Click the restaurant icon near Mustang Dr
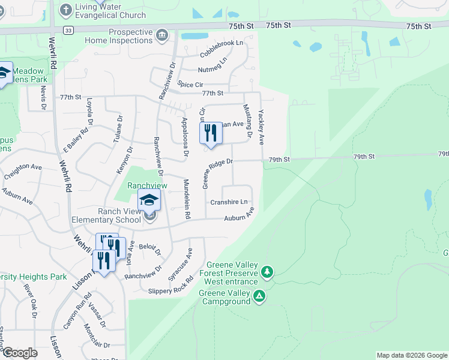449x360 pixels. click(x=210, y=132)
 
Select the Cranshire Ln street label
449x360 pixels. click(x=229, y=202)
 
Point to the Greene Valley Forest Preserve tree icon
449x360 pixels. click(x=267, y=273)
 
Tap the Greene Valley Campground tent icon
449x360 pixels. click(x=259, y=296)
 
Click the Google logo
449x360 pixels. click(x=20, y=352)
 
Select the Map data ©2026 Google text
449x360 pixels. click(x=411, y=355)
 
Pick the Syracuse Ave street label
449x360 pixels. click(x=182, y=261)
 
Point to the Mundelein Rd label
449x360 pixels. click(x=187, y=198)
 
